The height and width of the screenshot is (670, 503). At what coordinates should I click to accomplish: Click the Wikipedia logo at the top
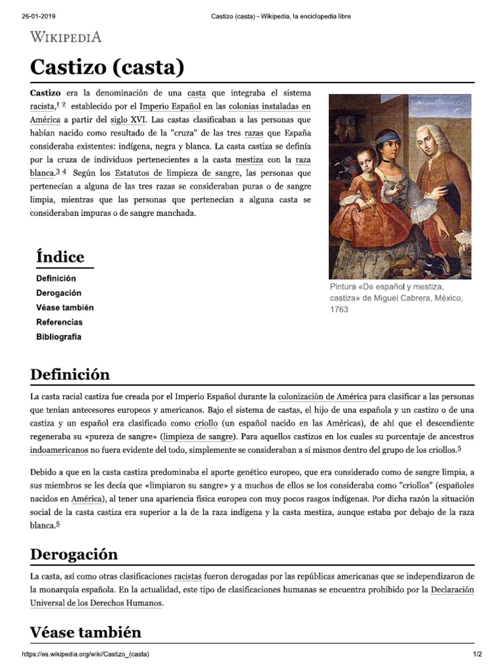tap(65, 37)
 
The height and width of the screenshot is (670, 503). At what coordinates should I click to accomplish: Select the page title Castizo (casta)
tap(107, 67)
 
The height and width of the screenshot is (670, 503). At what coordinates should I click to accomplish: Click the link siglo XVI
tap(128, 120)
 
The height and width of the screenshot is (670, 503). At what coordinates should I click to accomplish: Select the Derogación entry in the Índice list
tap(58, 293)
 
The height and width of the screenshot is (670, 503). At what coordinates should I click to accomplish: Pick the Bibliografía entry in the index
tap(59, 337)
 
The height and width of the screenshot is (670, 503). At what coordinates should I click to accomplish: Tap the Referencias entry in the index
tap(59, 323)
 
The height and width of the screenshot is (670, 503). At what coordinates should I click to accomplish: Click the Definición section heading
tap(70, 375)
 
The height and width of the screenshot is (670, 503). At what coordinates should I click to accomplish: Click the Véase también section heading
tap(86, 633)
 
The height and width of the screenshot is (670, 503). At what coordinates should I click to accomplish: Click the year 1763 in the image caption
tap(339, 309)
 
